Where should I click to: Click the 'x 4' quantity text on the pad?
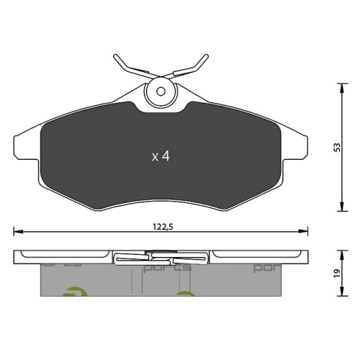tap(159, 156)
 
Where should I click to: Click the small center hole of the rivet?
tap(160, 91)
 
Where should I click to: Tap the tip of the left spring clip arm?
tap(116, 55)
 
